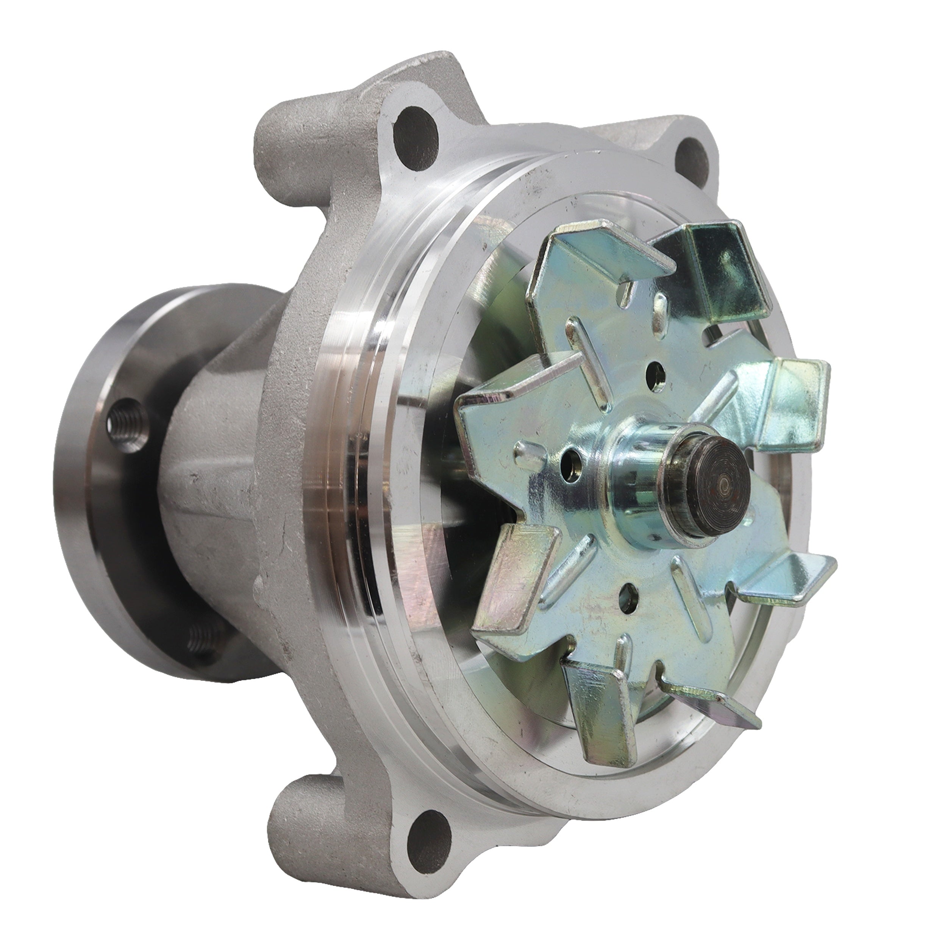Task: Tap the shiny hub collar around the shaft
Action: point(637,470)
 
